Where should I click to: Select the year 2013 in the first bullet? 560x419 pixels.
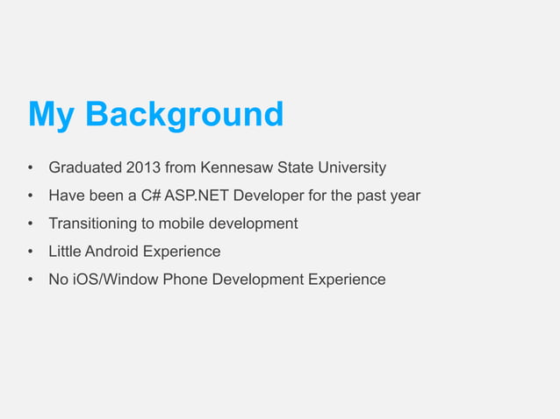pyautogui.click(x=143, y=167)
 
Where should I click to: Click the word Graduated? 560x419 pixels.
pyautogui.click(x=85, y=167)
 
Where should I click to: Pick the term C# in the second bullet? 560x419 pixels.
pyautogui.click(x=149, y=195)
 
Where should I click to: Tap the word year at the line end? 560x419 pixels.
pyautogui.click(x=405, y=195)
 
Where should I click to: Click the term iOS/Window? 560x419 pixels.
pyautogui.click(x=117, y=280)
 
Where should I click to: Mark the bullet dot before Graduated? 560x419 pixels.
pyautogui.click(x=30, y=167)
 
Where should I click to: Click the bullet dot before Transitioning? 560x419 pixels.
pyautogui.click(x=30, y=224)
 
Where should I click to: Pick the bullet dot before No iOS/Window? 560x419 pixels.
pyautogui.click(x=30, y=280)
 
